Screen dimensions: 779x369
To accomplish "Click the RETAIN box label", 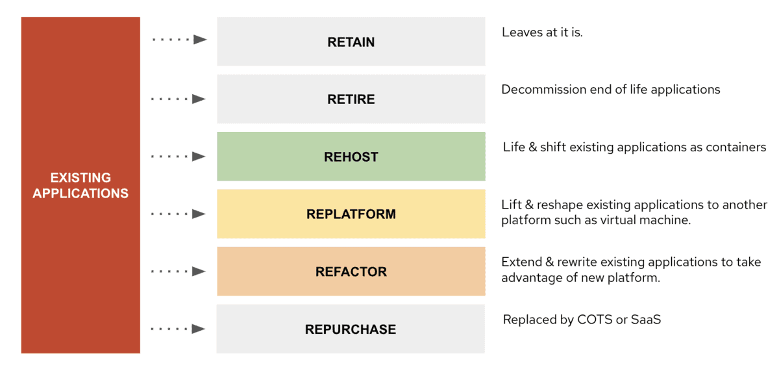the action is pyautogui.click(x=351, y=42).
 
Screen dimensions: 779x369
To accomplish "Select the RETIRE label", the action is pyautogui.click(x=351, y=99).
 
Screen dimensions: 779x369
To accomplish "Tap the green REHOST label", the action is pyautogui.click(x=351, y=157).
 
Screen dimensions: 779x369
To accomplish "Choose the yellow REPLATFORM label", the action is pyautogui.click(x=351, y=214).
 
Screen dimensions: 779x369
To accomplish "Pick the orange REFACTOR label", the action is pyautogui.click(x=351, y=272).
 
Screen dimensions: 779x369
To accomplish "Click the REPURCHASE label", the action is pyautogui.click(x=351, y=329).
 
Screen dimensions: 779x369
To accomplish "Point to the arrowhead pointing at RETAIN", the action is pyautogui.click(x=201, y=40).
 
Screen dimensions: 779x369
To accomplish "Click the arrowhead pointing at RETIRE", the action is pyautogui.click(x=199, y=99).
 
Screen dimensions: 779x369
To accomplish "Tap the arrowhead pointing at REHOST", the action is pyautogui.click(x=199, y=157).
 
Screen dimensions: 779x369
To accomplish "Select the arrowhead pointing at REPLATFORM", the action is pyautogui.click(x=199, y=214).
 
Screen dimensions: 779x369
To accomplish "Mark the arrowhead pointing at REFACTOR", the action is pyautogui.click(x=199, y=271).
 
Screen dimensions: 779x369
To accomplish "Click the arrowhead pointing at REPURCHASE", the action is pyautogui.click(x=199, y=329).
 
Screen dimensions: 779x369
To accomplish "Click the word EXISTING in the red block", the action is pyautogui.click(x=80, y=177).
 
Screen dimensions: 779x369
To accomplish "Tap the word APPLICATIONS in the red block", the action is pyautogui.click(x=80, y=193).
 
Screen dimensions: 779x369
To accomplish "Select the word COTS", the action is pyautogui.click(x=595, y=320).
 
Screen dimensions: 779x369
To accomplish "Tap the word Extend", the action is pyautogui.click(x=522, y=262).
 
